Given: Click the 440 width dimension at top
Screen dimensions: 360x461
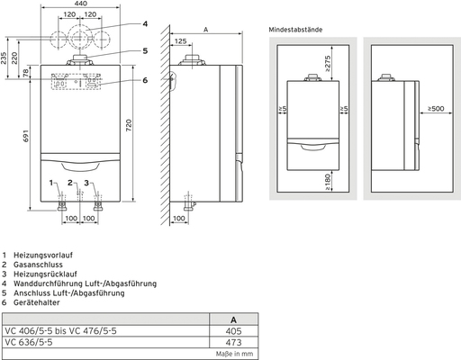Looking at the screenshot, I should point(80,5).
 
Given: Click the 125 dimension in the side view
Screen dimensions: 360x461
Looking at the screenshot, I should point(182,40).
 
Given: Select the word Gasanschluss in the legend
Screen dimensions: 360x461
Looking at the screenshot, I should point(38,265).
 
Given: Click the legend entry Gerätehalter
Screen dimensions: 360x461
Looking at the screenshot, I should point(37,303).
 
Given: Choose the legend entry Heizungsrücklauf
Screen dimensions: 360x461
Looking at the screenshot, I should point(44,274).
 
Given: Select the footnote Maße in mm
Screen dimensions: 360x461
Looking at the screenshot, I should point(237,352).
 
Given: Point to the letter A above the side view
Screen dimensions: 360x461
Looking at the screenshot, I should point(205,28).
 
